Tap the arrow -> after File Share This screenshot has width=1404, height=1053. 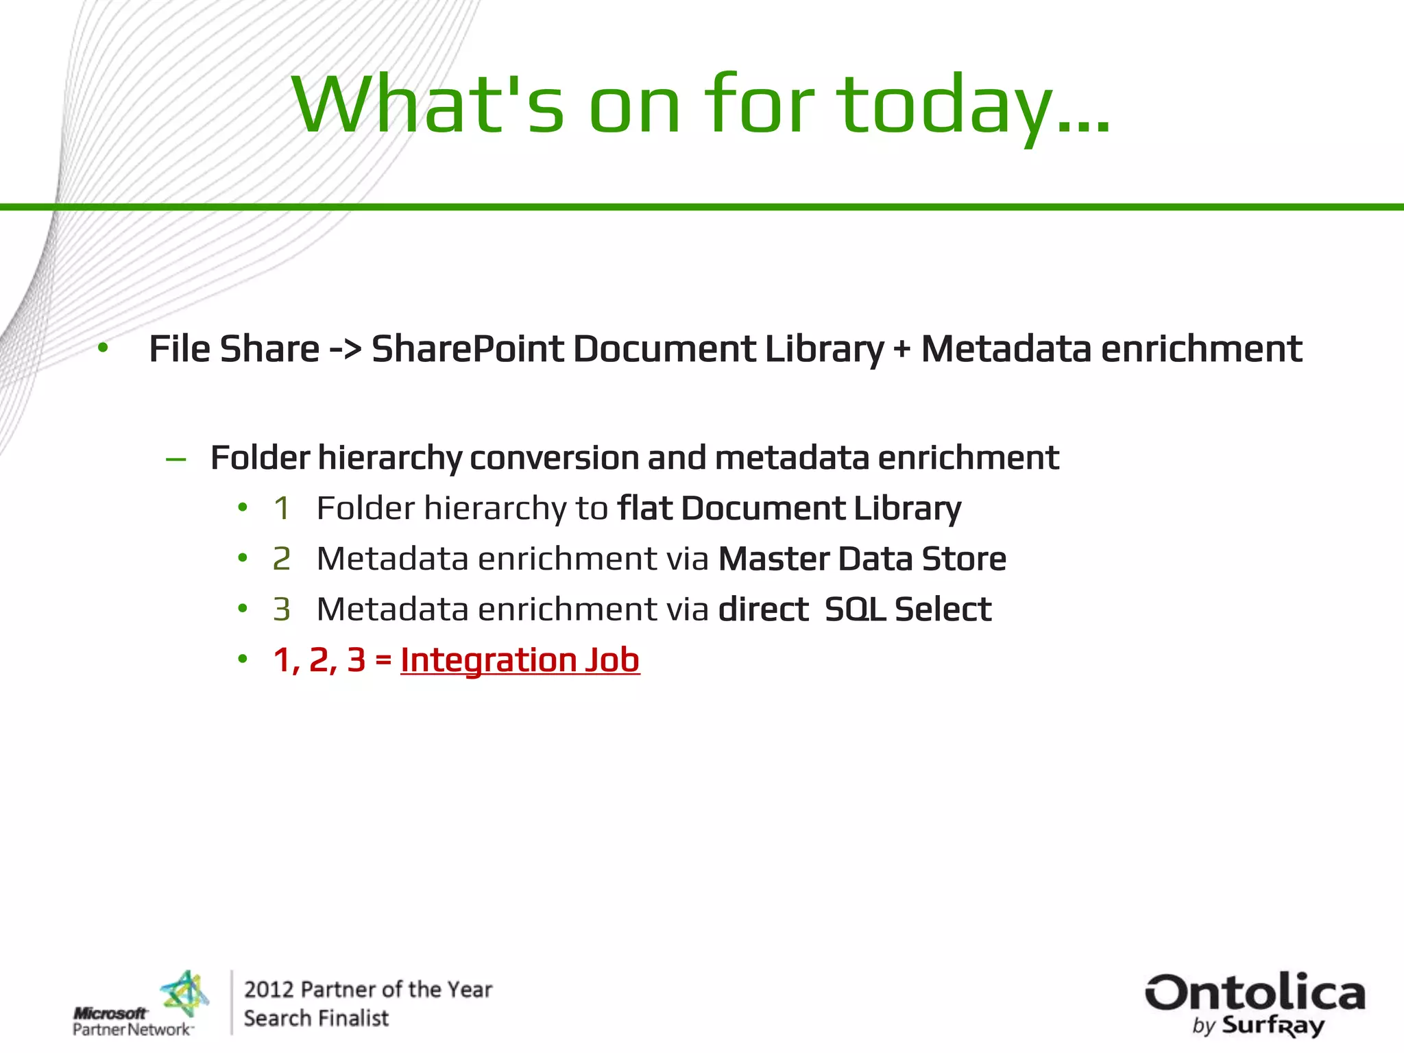[x=345, y=349]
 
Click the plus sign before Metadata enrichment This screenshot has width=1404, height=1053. [x=901, y=350]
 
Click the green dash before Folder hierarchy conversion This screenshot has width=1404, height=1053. [x=176, y=459]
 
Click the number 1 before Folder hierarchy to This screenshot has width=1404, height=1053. [x=281, y=509]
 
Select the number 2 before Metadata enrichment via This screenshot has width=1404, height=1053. [x=281, y=559]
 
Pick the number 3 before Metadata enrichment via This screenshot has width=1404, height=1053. [x=281, y=609]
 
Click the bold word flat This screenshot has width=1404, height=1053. [x=644, y=509]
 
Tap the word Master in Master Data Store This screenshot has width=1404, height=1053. [x=773, y=559]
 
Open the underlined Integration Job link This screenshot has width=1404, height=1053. [x=520, y=660]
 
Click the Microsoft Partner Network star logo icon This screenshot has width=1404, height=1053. [x=184, y=994]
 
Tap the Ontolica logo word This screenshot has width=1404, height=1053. [x=1255, y=993]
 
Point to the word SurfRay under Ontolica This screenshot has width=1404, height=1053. [x=1273, y=1026]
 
